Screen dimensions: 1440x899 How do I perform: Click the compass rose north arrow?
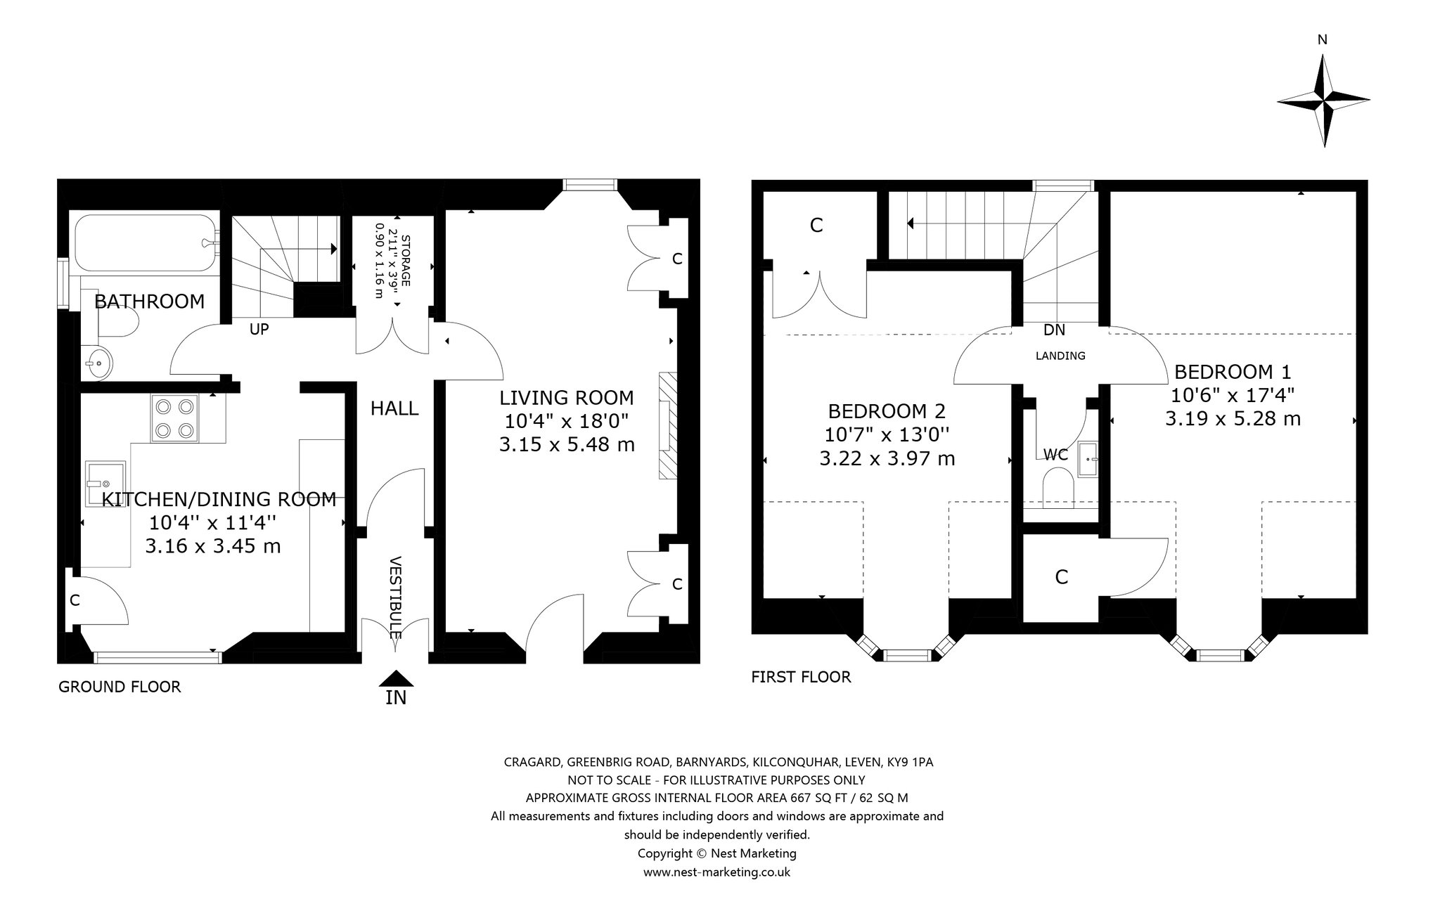pos(1323,101)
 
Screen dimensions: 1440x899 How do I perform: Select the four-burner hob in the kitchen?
pos(174,418)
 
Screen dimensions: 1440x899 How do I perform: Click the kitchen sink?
pos(105,483)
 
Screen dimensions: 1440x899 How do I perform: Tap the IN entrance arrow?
pos(396,679)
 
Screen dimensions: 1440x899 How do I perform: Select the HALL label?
pos(394,408)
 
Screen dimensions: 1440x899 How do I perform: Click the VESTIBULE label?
pos(394,597)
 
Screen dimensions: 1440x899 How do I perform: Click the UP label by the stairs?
pos(259,329)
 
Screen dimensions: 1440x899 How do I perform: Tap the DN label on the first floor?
pos(1054,330)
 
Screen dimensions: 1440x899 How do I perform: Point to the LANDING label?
pos(1060,356)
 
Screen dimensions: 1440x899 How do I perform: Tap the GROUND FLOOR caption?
pos(120,687)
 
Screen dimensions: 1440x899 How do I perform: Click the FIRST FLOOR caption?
pos(801,677)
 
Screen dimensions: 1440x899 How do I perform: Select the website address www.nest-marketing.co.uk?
pos(717,872)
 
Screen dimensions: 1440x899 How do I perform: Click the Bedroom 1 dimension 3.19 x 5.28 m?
pos(1233,419)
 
